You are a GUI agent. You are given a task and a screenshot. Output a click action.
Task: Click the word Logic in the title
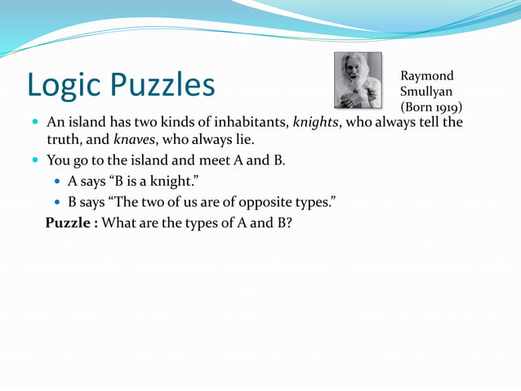64,84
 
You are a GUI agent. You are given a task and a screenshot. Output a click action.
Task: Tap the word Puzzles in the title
163,84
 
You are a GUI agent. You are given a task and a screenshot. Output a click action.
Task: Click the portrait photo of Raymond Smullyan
358,80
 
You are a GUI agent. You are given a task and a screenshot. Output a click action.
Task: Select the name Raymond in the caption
427,76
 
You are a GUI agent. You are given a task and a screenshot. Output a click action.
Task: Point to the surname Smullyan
426,92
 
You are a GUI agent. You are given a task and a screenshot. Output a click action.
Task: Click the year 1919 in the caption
444,107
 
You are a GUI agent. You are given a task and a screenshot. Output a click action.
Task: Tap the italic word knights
315,123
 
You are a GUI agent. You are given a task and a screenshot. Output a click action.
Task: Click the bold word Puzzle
70,222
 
